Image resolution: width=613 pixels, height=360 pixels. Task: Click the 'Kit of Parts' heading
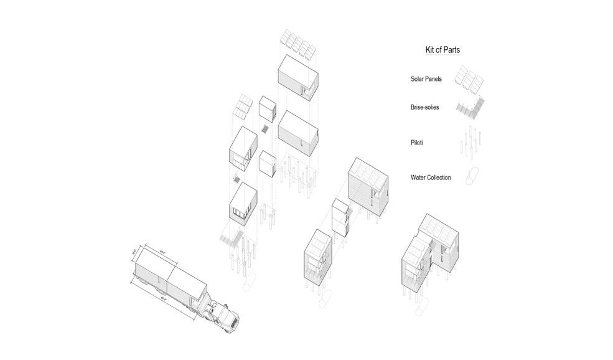pos(442,49)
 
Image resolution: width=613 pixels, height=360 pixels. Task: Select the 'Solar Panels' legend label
pos(426,79)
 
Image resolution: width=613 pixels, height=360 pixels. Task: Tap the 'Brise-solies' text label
pos(424,107)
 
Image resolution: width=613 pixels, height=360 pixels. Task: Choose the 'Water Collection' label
pos(431,178)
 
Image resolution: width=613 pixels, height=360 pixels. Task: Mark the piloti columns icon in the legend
pos(470,141)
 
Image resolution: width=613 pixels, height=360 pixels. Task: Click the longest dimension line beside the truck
pos(162,298)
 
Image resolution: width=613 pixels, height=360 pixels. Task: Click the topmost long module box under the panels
pos(298,76)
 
